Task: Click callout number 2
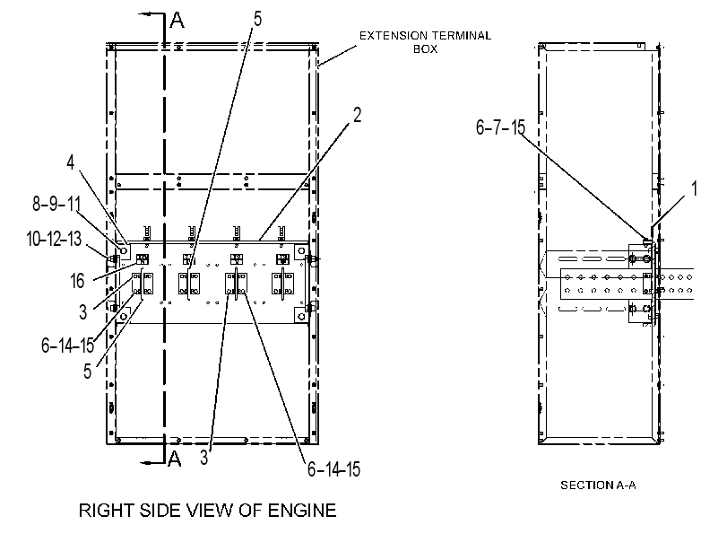[x=357, y=115]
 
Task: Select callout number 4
[x=71, y=162]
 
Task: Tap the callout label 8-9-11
[x=56, y=204]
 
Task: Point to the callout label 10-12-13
[x=54, y=239]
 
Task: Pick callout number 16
[x=77, y=281]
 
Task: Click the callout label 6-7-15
[x=501, y=127]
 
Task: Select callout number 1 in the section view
[x=694, y=188]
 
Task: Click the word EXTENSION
[x=394, y=36]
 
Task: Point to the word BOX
[x=425, y=49]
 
